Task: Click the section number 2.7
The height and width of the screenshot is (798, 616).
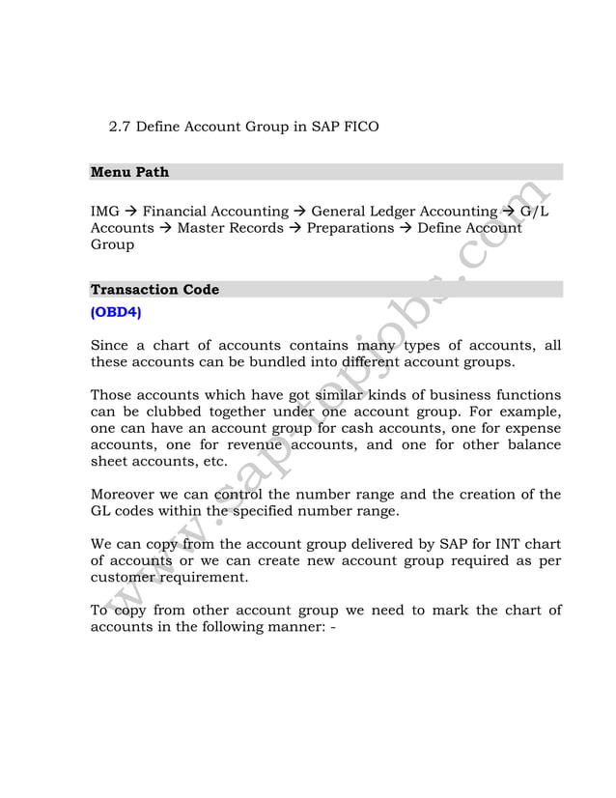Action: pyautogui.click(x=121, y=127)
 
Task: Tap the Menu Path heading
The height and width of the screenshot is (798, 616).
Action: pyautogui.click(x=129, y=172)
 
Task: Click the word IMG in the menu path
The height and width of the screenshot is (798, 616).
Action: pyautogui.click(x=104, y=212)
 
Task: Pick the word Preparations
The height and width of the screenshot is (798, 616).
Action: pyautogui.click(x=350, y=228)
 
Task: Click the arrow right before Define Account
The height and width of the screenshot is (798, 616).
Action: pyautogui.click(x=406, y=228)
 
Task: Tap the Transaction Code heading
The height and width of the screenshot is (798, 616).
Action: pyautogui.click(x=154, y=290)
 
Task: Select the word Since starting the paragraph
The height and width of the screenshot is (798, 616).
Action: pyautogui.click(x=110, y=346)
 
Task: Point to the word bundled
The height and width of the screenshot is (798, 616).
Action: pyautogui.click(x=302, y=362)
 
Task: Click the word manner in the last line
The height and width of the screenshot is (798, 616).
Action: pyautogui.click(x=290, y=627)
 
